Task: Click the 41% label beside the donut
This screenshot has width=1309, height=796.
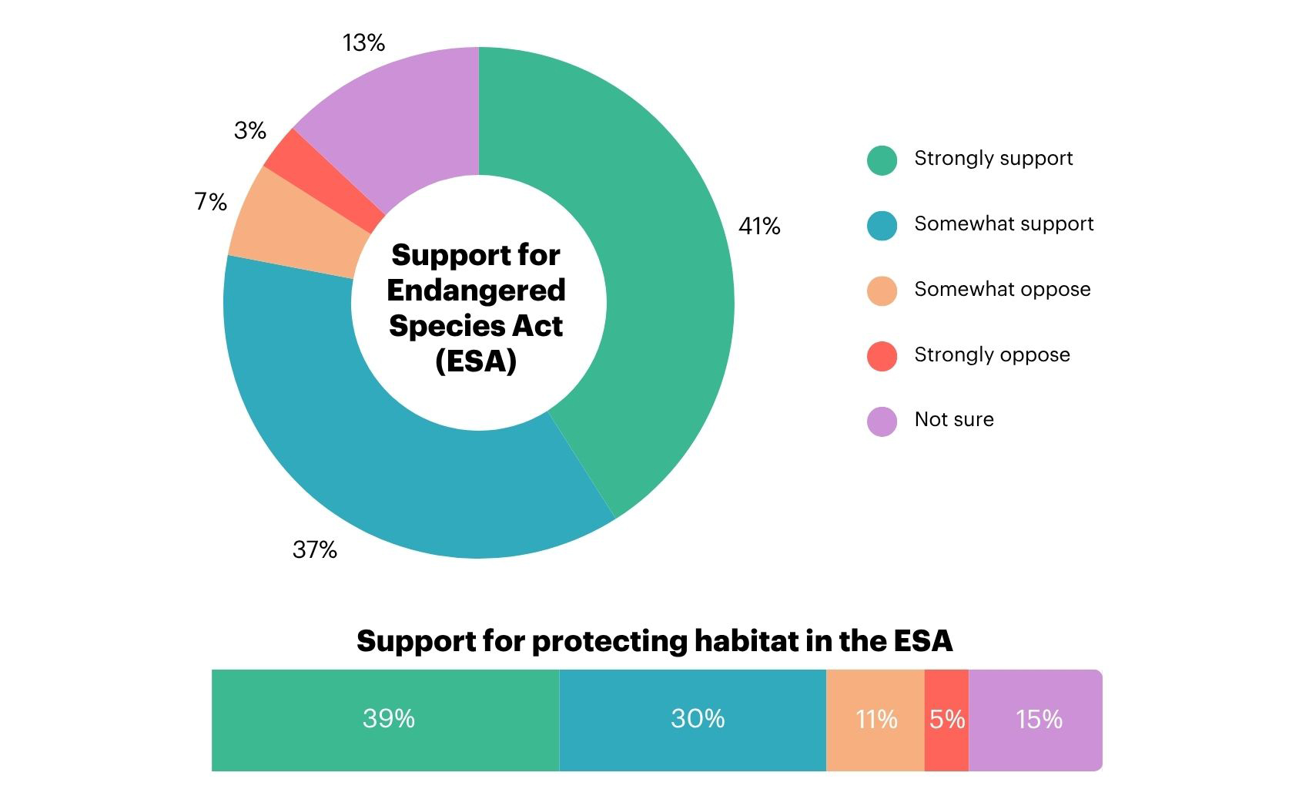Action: [x=758, y=226]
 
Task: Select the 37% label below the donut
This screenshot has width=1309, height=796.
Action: [x=314, y=549]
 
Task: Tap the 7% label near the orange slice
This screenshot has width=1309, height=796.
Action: [x=210, y=202]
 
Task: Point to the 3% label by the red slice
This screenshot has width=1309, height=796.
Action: [x=249, y=130]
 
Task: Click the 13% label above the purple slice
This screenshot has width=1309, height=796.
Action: [x=363, y=42]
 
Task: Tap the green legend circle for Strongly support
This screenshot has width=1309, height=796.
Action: [x=882, y=160]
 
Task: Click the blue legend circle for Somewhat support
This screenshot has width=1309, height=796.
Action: [x=882, y=226]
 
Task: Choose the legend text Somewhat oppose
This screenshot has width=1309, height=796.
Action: [x=1002, y=289]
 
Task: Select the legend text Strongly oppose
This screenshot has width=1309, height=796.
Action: [x=992, y=354]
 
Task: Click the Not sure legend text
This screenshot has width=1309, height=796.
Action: [x=953, y=419]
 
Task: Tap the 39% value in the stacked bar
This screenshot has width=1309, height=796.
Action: [x=388, y=719]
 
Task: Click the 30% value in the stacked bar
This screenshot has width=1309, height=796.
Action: [x=697, y=719]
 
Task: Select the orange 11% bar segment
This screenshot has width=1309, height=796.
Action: [x=875, y=719]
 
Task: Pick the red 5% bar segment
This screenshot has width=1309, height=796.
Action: [x=946, y=719]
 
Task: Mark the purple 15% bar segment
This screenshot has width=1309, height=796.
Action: [x=1039, y=719]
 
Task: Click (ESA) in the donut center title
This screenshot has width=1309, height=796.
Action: [x=475, y=361]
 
